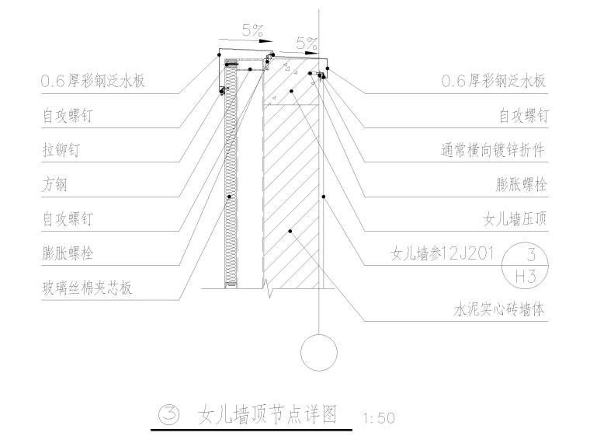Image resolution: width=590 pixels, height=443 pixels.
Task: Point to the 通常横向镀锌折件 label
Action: [x=495, y=151]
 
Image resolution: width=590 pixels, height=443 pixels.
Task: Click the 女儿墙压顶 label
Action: [x=515, y=219]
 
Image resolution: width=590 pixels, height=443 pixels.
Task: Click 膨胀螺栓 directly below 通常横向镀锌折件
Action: [x=522, y=185]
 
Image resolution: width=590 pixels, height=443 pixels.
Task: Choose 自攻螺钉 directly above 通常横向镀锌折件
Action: [x=522, y=117]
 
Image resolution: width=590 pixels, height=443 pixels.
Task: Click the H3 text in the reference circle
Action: [x=530, y=274]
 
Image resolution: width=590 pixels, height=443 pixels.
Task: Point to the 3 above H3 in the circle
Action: [x=530, y=254]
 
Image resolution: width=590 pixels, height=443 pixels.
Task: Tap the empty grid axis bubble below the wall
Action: [x=319, y=353]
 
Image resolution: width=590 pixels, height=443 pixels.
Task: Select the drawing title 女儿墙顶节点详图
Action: [x=267, y=414]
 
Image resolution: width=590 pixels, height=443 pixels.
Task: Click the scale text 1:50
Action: [x=379, y=418]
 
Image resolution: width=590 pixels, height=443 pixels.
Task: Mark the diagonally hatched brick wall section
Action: [x=291, y=194]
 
